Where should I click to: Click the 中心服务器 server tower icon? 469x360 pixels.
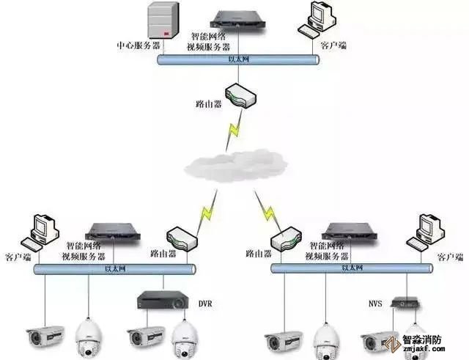[163, 21]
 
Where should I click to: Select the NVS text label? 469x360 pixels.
[374, 301]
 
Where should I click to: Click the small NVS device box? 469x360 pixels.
[405, 301]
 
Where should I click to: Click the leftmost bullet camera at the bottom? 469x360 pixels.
[46, 337]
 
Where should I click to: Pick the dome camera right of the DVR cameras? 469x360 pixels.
[186, 338]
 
